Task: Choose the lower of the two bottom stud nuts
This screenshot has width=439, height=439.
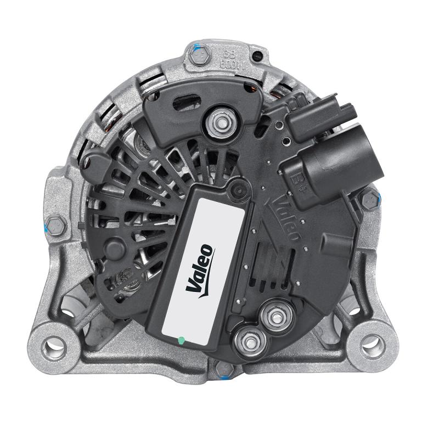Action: (245, 341)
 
